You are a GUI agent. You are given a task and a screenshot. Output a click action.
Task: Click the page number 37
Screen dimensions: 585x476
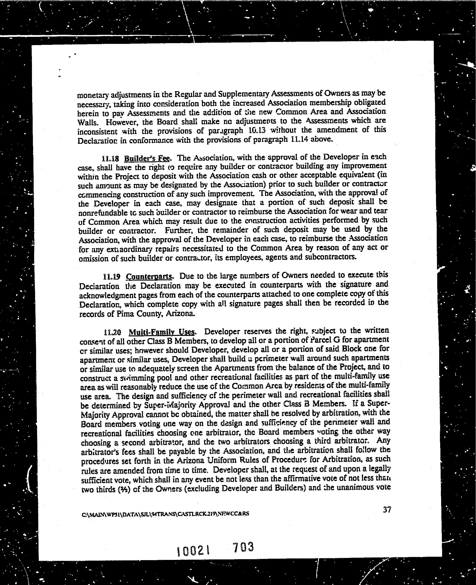[x=387, y=510]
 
